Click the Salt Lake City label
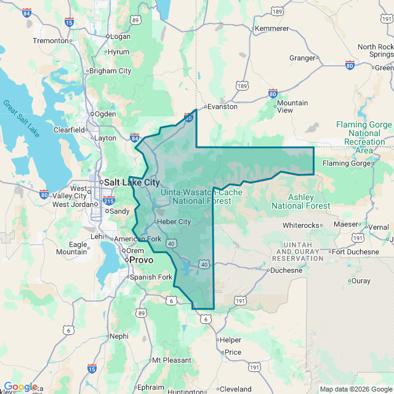(x=132, y=182)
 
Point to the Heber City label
(x=174, y=222)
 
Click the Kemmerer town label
(x=271, y=28)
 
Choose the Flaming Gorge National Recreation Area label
(x=364, y=137)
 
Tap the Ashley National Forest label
(x=301, y=201)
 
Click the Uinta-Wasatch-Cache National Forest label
(x=201, y=196)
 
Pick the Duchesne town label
(x=287, y=270)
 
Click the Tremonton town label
(x=50, y=41)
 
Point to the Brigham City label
(x=110, y=71)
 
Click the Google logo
(x=20, y=387)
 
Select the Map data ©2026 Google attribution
(x=355, y=389)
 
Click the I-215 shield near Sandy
(x=109, y=200)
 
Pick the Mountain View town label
(x=292, y=107)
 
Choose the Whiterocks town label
(x=302, y=225)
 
